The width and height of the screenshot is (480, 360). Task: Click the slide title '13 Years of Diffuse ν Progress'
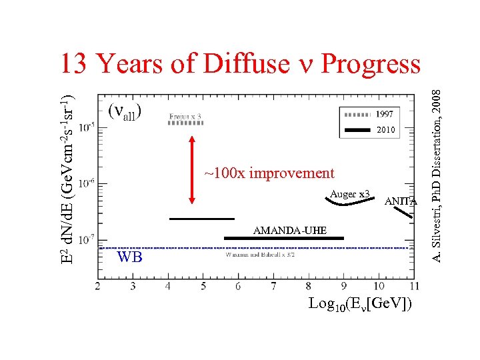[x=240, y=63]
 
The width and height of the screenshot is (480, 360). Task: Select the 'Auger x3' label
[x=350, y=194]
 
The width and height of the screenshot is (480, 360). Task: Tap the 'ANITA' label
[x=401, y=201]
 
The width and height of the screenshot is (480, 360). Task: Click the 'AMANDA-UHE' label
[x=290, y=231]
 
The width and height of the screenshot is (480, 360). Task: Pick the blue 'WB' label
[x=129, y=257]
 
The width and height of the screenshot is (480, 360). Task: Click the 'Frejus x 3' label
[x=185, y=116]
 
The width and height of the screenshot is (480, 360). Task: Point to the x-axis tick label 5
[x=203, y=286]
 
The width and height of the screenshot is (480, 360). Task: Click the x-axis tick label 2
[x=98, y=286]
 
